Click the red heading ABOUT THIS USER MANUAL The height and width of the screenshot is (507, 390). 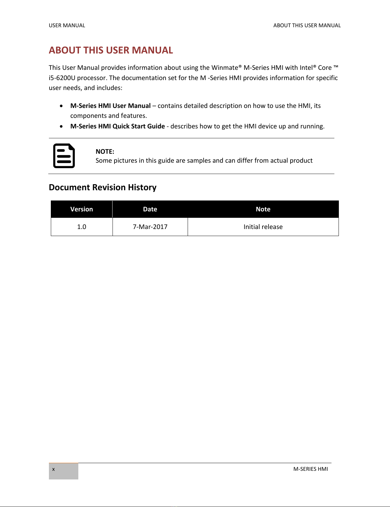(x=111, y=50)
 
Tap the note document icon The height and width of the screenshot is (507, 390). (x=64, y=156)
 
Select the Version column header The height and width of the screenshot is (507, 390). (x=82, y=209)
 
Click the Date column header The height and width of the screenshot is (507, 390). (x=150, y=209)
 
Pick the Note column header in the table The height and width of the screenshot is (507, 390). (x=263, y=209)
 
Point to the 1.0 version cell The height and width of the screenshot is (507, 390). (x=82, y=227)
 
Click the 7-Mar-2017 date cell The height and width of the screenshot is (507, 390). (x=150, y=227)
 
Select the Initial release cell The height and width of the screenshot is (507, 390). (x=263, y=227)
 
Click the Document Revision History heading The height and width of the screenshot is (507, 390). (x=103, y=187)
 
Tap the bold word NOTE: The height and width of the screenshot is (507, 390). (x=105, y=151)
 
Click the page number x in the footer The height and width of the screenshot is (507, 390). (x=53, y=469)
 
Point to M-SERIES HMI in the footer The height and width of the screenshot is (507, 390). (x=310, y=469)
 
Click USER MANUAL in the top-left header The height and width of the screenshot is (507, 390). (x=67, y=25)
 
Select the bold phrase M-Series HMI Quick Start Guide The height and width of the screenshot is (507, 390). (x=117, y=126)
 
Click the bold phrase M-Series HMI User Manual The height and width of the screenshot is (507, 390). (x=110, y=106)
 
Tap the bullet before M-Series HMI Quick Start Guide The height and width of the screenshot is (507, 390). (x=61, y=127)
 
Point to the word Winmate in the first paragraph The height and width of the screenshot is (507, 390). (x=225, y=68)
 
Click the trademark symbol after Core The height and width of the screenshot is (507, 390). (x=336, y=67)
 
